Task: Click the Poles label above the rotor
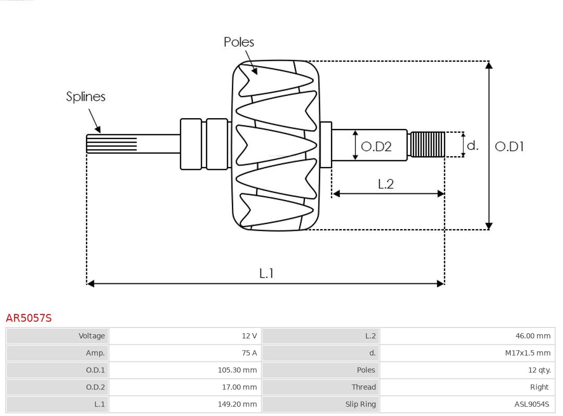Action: pyautogui.click(x=239, y=42)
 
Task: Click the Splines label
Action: pyautogui.click(x=85, y=97)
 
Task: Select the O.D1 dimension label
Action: pyautogui.click(x=509, y=147)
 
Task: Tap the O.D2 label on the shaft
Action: pyautogui.click(x=376, y=147)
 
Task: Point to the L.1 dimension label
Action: pyautogui.click(x=266, y=273)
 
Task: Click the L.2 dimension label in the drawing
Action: pyautogui.click(x=386, y=184)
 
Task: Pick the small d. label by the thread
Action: pyautogui.click(x=472, y=145)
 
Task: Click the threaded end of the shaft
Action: pyautogui.click(x=427, y=144)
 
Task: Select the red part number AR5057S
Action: pyautogui.click(x=29, y=318)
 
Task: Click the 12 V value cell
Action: pyautogui.click(x=249, y=336)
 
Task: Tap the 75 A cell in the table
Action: pyautogui.click(x=249, y=353)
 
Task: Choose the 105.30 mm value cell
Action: pyautogui.click(x=237, y=370)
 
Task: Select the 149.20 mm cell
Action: pyautogui.click(x=237, y=404)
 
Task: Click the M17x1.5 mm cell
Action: pyautogui.click(x=527, y=353)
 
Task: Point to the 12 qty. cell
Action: pyautogui.click(x=539, y=370)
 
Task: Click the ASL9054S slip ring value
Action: pyautogui.click(x=531, y=404)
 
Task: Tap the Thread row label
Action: pyautogui.click(x=363, y=387)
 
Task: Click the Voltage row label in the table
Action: pyautogui.click(x=92, y=336)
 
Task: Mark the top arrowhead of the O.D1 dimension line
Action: pyautogui.click(x=488, y=65)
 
